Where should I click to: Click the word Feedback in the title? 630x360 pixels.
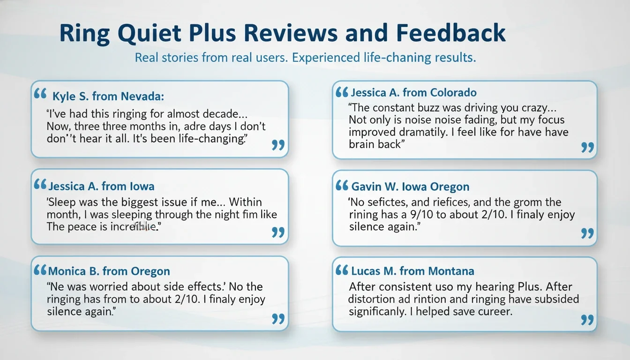tap(451, 34)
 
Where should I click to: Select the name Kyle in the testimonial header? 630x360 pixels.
tap(64, 97)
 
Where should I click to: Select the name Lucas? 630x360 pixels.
tap(366, 271)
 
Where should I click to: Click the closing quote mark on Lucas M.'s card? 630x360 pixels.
tap(587, 320)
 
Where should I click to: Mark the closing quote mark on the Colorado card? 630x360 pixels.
tap(587, 147)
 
